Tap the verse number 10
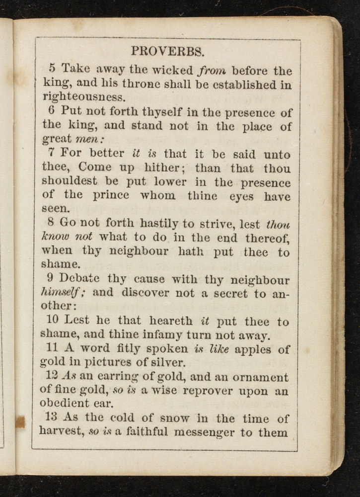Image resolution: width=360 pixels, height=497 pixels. [55, 321]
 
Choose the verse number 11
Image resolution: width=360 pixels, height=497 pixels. [54, 349]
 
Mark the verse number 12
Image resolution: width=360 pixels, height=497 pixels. [54, 377]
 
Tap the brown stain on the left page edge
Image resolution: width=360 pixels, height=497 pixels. [20, 422]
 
